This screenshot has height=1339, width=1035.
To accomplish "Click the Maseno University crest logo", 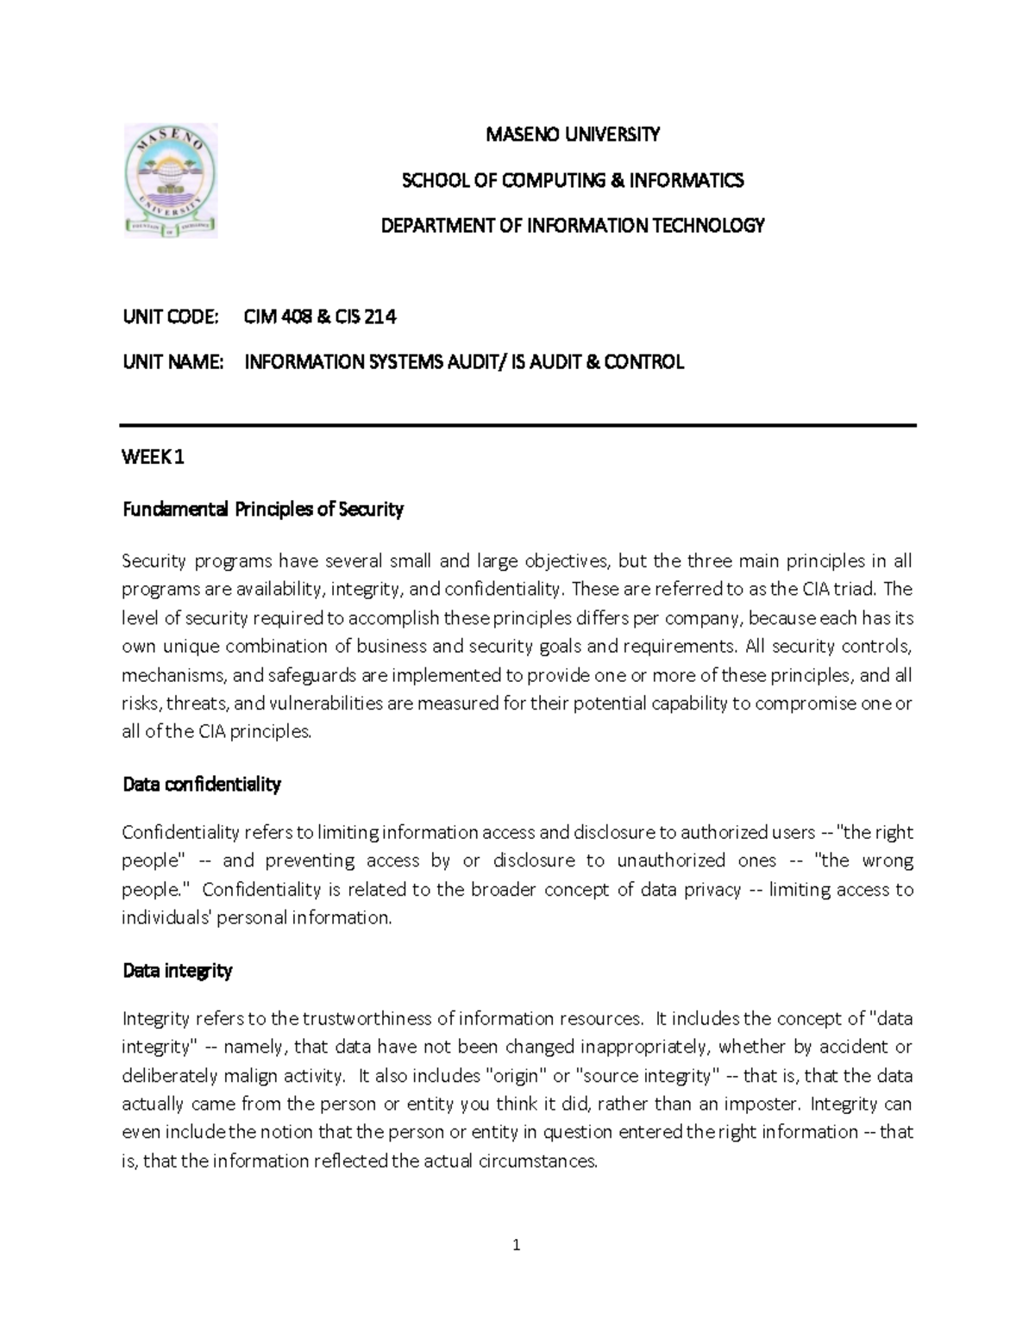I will pos(171,180).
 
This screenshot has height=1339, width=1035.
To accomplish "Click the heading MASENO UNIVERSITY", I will pos(573,135).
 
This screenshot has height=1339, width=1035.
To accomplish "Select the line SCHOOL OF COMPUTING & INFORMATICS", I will pos(573,180).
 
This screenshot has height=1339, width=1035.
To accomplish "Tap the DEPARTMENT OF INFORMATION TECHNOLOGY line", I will pos(573,226).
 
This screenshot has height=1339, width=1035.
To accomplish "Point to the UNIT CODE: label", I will pos(171,317).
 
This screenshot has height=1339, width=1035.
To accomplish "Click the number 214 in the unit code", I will pos(380,317).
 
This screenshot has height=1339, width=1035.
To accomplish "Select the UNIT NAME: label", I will pos(173,362).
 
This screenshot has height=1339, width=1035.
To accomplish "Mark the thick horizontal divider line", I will pos(517,425).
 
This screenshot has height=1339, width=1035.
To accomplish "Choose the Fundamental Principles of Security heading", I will pos(263,510).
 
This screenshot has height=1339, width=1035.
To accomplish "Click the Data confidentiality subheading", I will pos(202,785).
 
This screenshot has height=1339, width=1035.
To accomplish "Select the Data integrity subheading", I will pos(178,971).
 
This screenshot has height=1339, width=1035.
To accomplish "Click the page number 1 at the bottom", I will pos(517,1245).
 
